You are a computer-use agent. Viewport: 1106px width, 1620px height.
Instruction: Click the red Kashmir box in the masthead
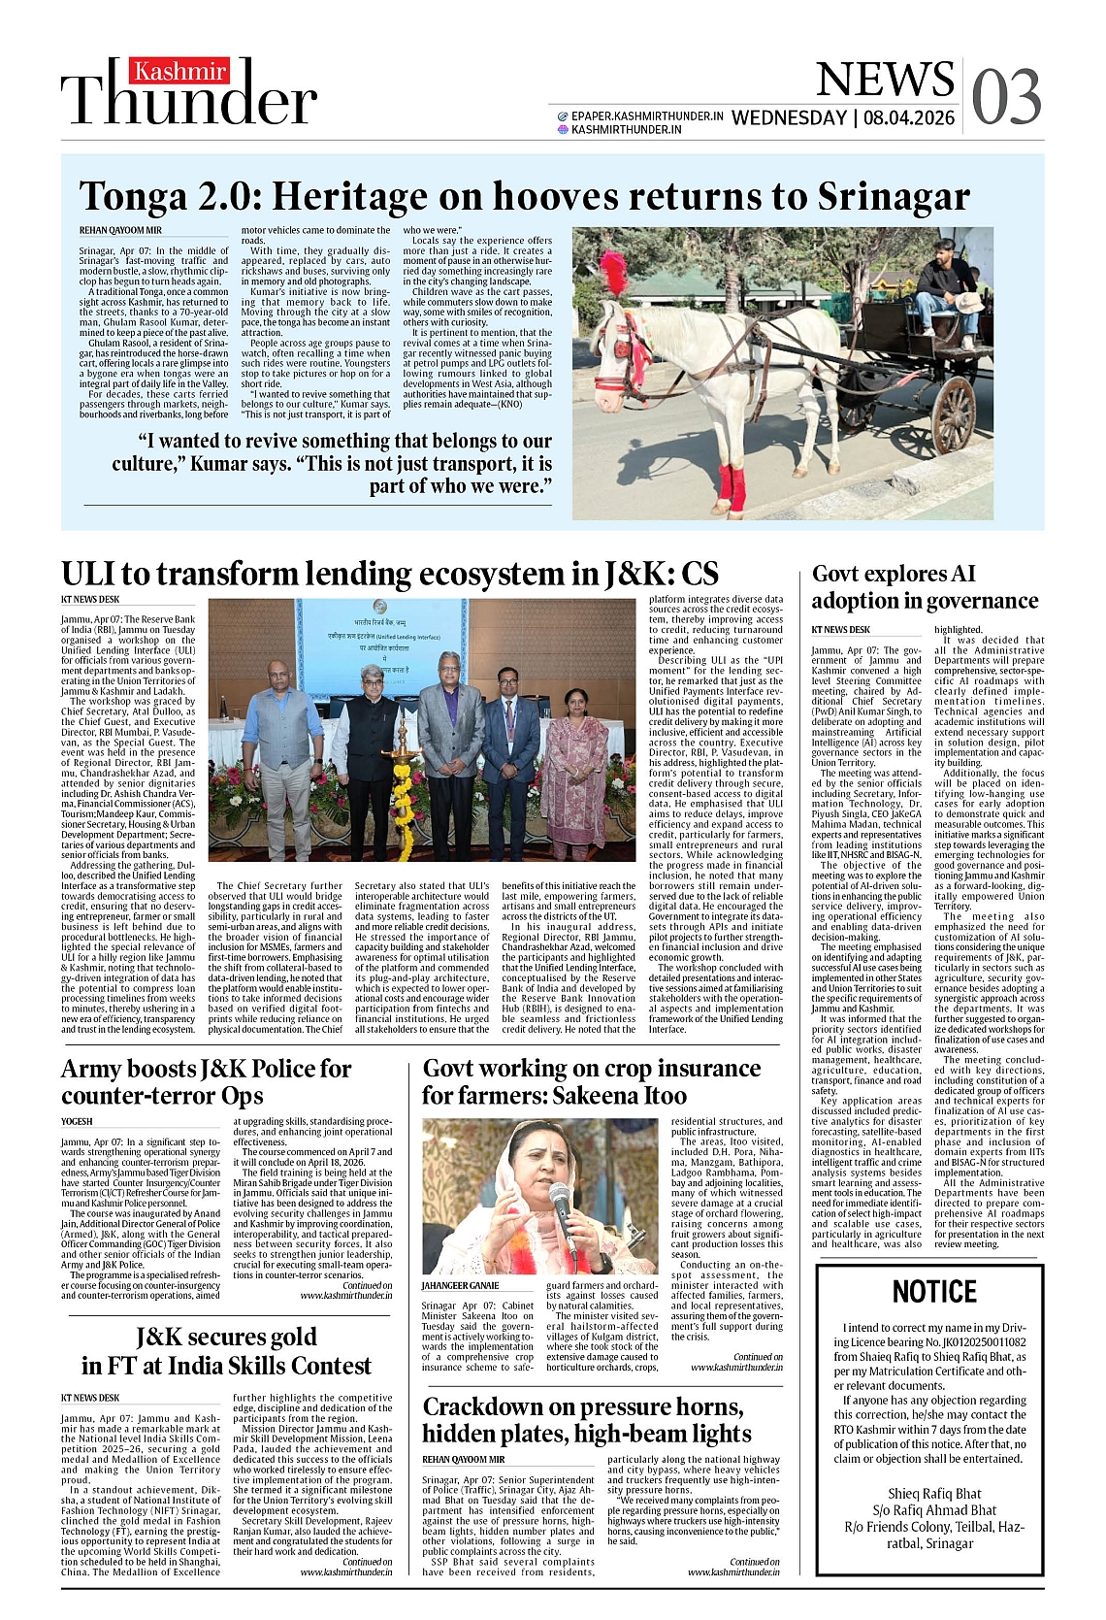(x=180, y=71)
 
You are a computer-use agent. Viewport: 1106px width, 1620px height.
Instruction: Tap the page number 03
(x=1006, y=97)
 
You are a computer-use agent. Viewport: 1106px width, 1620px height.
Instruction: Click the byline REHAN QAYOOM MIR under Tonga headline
(x=120, y=230)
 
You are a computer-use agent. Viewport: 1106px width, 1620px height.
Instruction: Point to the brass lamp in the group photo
(x=398, y=777)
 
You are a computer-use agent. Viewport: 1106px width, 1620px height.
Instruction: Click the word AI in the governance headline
(x=963, y=575)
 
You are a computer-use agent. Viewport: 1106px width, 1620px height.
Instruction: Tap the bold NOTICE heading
(x=933, y=1292)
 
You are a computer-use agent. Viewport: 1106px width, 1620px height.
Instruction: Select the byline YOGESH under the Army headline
(x=77, y=1121)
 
